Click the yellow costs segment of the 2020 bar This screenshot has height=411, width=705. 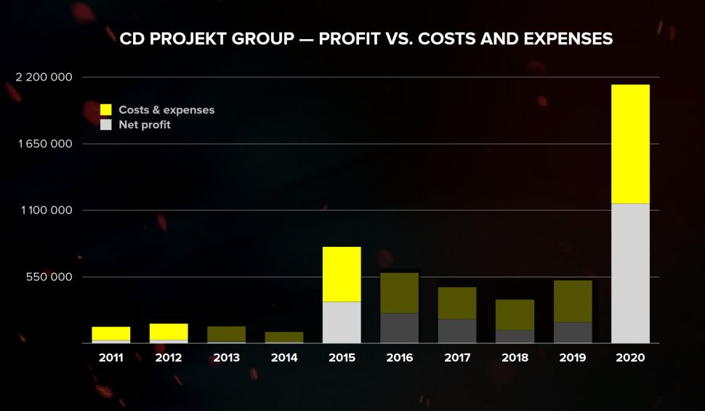(x=630, y=144)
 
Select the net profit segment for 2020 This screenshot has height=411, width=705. (x=630, y=273)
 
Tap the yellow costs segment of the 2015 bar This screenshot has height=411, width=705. (x=342, y=274)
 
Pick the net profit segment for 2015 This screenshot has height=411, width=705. (x=342, y=322)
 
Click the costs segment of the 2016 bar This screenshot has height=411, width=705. (x=399, y=293)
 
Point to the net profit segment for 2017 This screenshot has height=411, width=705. (x=457, y=330)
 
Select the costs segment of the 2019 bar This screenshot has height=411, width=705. (x=573, y=301)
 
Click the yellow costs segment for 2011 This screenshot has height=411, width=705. (x=111, y=333)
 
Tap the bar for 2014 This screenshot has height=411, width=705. (x=284, y=337)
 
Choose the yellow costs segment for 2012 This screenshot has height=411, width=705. (x=169, y=331)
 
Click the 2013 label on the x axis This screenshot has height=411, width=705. (x=227, y=358)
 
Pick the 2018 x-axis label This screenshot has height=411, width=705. (x=515, y=358)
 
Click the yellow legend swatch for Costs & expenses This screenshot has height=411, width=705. (x=106, y=110)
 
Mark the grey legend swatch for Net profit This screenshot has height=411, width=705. (x=106, y=125)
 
